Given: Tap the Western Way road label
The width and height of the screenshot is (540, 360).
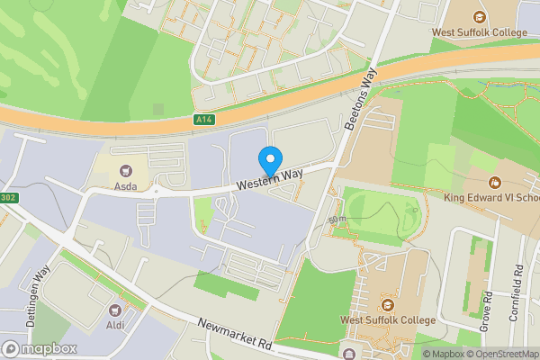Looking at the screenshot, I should (x=270, y=176).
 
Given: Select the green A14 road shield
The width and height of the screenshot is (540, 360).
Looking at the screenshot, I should (x=205, y=120).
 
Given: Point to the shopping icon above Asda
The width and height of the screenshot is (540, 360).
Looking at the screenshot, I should (x=125, y=168).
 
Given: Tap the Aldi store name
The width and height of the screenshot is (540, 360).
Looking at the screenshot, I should (x=116, y=325).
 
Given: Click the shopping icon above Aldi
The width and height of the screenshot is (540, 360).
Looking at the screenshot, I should (x=116, y=310).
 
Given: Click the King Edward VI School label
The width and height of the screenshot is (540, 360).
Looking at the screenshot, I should (x=491, y=196).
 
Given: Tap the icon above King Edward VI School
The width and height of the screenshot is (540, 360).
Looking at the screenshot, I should (x=491, y=180).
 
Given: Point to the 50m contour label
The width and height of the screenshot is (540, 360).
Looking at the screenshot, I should (x=337, y=219).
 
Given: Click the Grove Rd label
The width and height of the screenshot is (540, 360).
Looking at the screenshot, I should (x=485, y=310).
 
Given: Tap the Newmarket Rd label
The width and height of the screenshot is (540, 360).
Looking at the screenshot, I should (x=236, y=335).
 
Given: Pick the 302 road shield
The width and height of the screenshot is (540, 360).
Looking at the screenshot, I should (x=8, y=198).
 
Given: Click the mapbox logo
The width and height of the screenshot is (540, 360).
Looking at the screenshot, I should (x=39, y=348).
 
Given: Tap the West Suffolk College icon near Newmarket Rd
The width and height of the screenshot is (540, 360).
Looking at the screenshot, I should (x=387, y=302).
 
